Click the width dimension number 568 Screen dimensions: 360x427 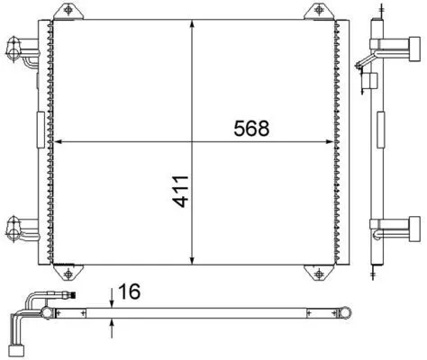(252, 128)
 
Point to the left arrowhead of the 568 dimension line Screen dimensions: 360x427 (59, 141)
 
